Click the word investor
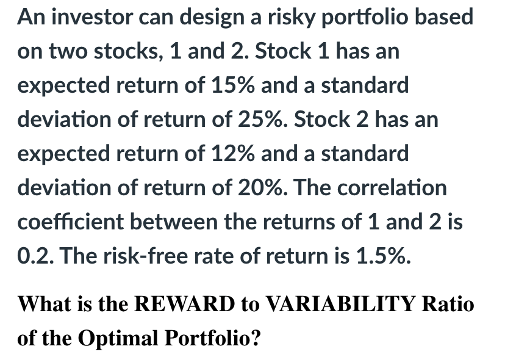pyautogui.click(x=92, y=16)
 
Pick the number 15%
pyautogui.click(x=232, y=85)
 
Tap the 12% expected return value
pyautogui.click(x=232, y=153)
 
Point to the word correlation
pyautogui.click(x=392, y=187)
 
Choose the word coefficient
pyautogui.click(x=70, y=221)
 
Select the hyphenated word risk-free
pyautogui.click(x=145, y=256)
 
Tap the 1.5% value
pyautogui.click(x=383, y=256)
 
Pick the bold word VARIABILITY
pyautogui.click(x=342, y=304)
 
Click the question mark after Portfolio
pyautogui.click(x=255, y=338)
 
